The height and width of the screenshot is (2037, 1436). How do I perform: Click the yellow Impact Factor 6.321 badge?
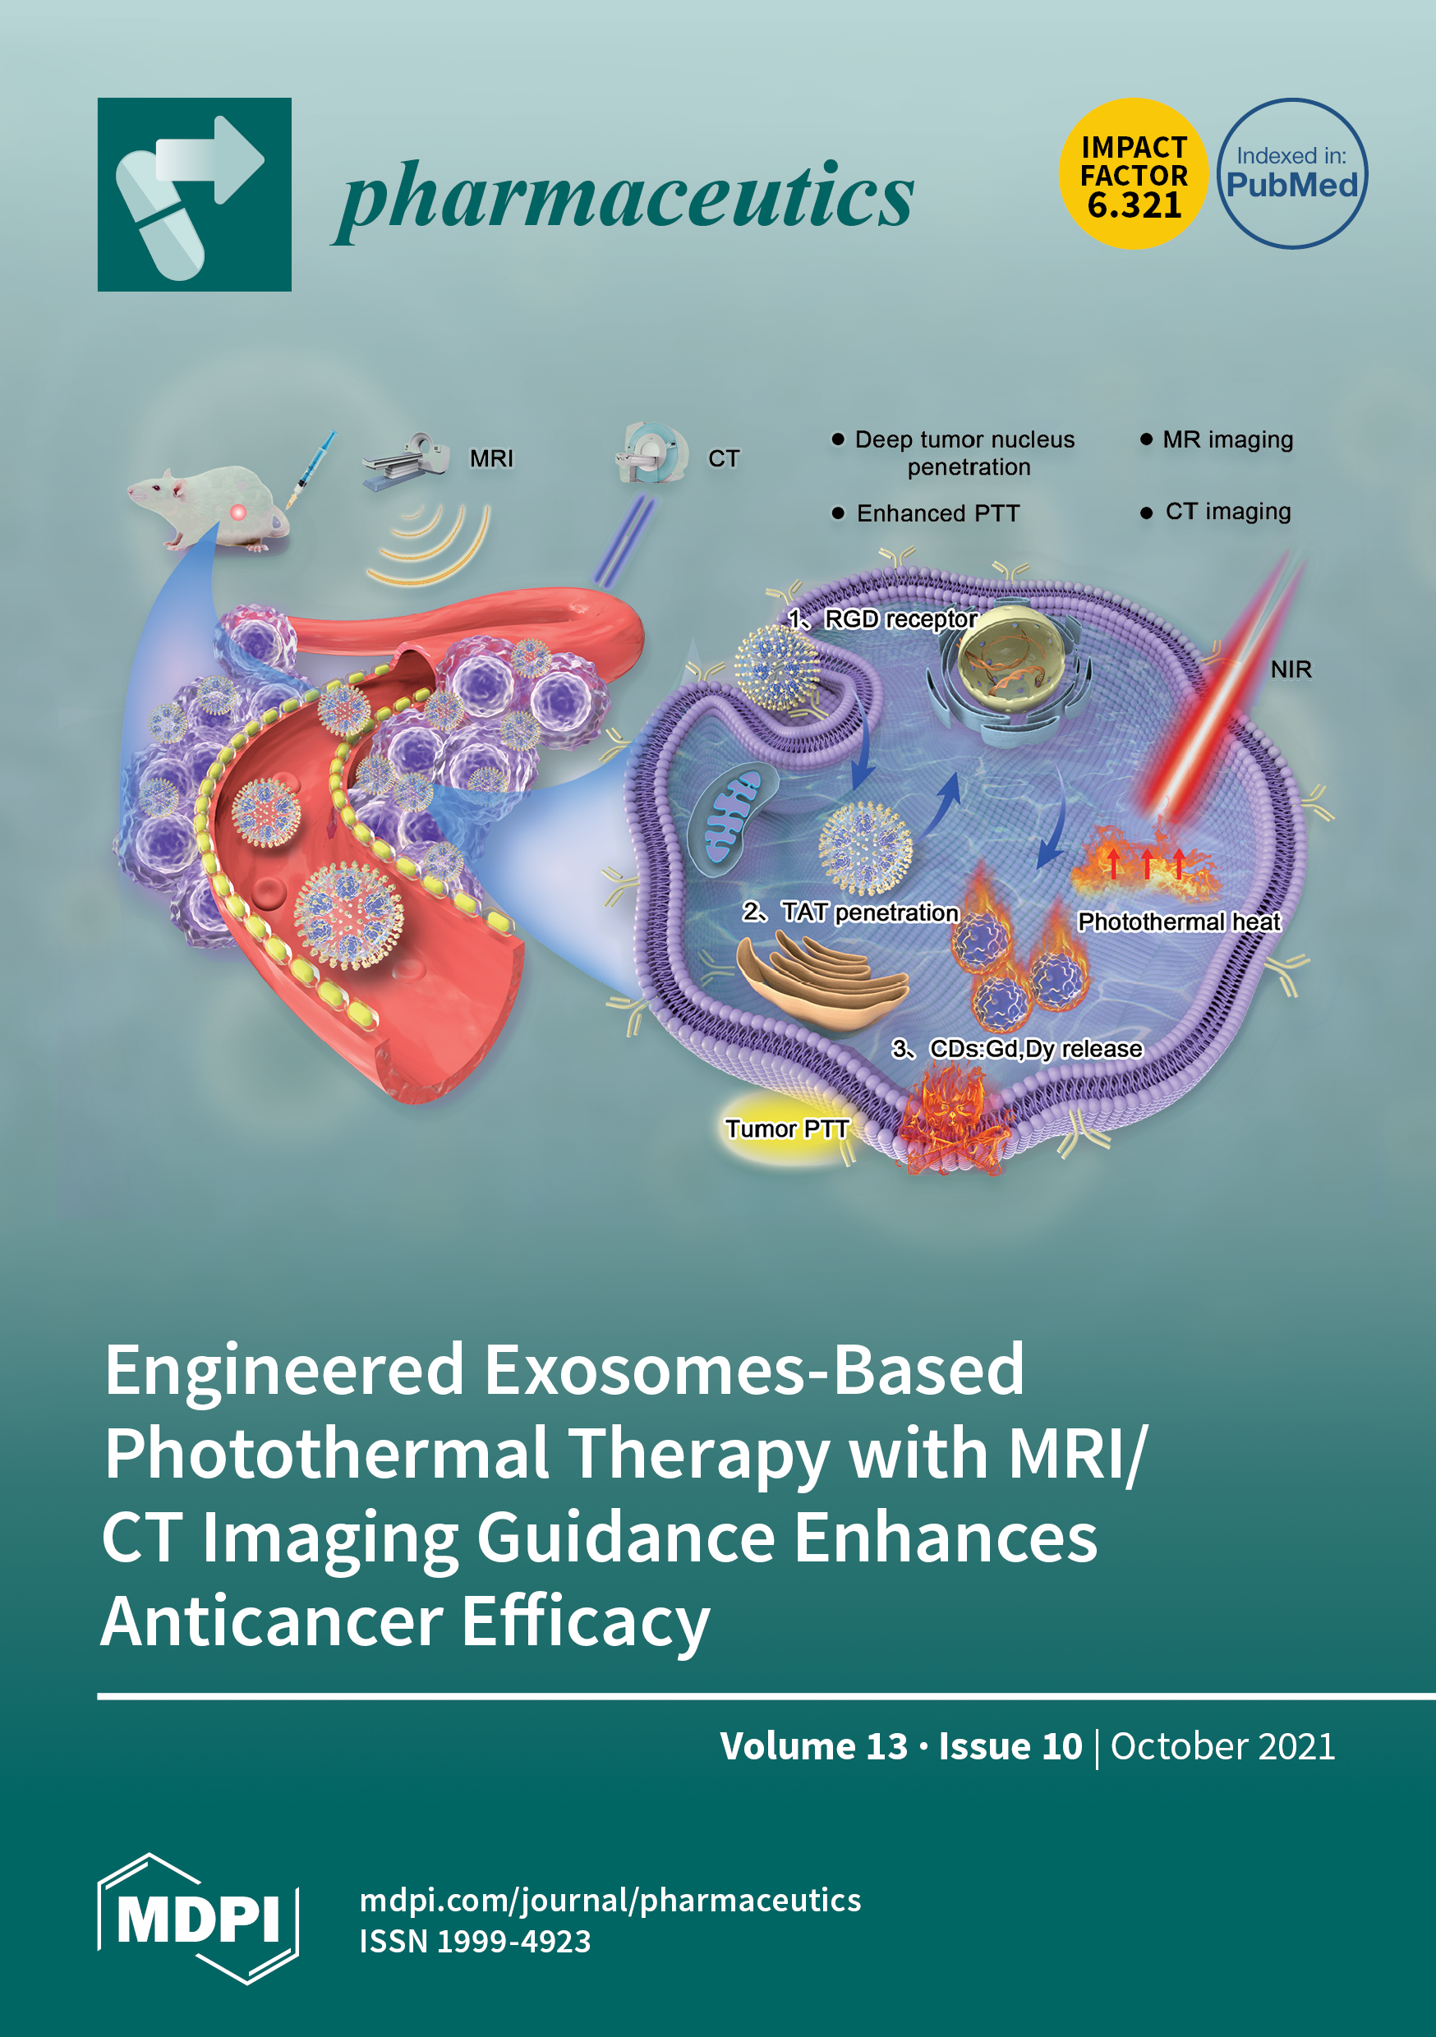click(x=1133, y=174)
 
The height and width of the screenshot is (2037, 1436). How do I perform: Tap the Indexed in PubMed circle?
click(x=1291, y=174)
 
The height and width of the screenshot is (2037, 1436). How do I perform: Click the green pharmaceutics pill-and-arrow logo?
click(x=195, y=195)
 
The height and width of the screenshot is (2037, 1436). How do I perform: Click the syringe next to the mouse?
click(x=311, y=470)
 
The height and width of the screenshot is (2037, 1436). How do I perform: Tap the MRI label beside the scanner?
click(x=490, y=458)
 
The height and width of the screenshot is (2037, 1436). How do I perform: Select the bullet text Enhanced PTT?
click(x=937, y=513)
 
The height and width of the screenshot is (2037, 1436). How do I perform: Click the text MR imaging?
click(x=1227, y=440)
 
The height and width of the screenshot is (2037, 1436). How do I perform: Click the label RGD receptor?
click(x=900, y=619)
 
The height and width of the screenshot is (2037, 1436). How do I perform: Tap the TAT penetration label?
click(x=869, y=913)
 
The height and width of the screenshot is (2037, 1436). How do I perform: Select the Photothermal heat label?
click(x=1179, y=922)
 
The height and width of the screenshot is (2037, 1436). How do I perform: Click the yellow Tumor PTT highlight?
click(x=786, y=1129)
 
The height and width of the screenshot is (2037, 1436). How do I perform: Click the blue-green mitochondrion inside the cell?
click(x=731, y=816)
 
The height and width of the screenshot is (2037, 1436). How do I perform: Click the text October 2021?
click(x=1222, y=1746)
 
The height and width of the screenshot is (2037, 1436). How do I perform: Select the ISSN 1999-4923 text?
click(x=475, y=1941)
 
